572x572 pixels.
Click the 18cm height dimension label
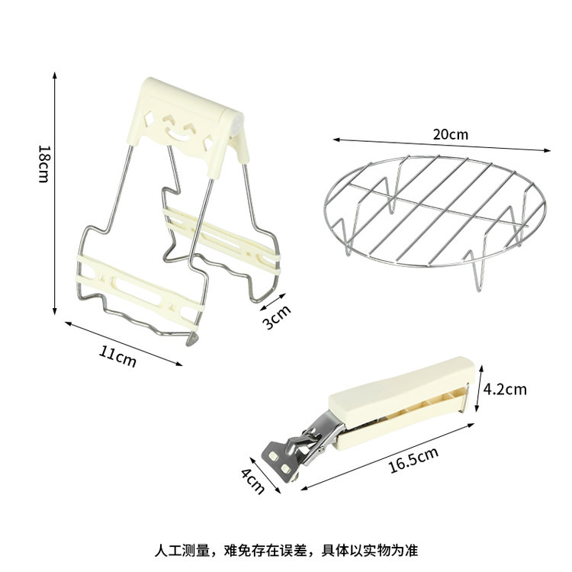43,164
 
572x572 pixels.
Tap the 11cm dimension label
117,356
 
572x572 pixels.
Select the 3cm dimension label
277,317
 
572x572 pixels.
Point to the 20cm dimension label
451,134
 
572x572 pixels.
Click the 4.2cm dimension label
505,389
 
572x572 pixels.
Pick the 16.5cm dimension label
413,460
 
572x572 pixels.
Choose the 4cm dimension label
252,481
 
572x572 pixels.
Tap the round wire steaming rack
435,214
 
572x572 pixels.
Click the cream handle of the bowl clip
401,401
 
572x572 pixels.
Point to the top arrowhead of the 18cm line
55,75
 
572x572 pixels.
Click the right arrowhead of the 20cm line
547,150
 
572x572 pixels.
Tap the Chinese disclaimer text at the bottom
286,550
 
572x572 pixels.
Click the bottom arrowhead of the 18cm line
55,311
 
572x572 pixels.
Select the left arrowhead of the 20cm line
336,140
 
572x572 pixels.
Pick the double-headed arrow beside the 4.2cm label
479,388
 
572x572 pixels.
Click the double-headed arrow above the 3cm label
272,302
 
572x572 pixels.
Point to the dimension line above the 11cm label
124,343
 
